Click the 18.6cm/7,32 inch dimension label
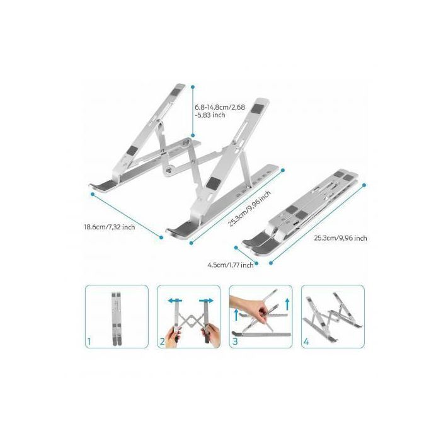(110, 227)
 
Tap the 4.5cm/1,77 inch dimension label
(231, 265)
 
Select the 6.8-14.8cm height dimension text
(220, 111)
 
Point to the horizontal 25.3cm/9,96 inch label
(340, 238)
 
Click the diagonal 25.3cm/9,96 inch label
(249, 208)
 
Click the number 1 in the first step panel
(89, 341)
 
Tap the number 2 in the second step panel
(163, 341)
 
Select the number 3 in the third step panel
(235, 341)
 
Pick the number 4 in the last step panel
(306, 341)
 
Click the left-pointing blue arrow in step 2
(175, 301)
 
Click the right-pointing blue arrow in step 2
(206, 301)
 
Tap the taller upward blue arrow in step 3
(287, 304)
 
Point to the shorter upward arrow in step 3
(236, 315)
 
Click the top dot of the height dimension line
(193, 88)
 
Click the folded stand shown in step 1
(117, 319)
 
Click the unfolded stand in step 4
(333, 316)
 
